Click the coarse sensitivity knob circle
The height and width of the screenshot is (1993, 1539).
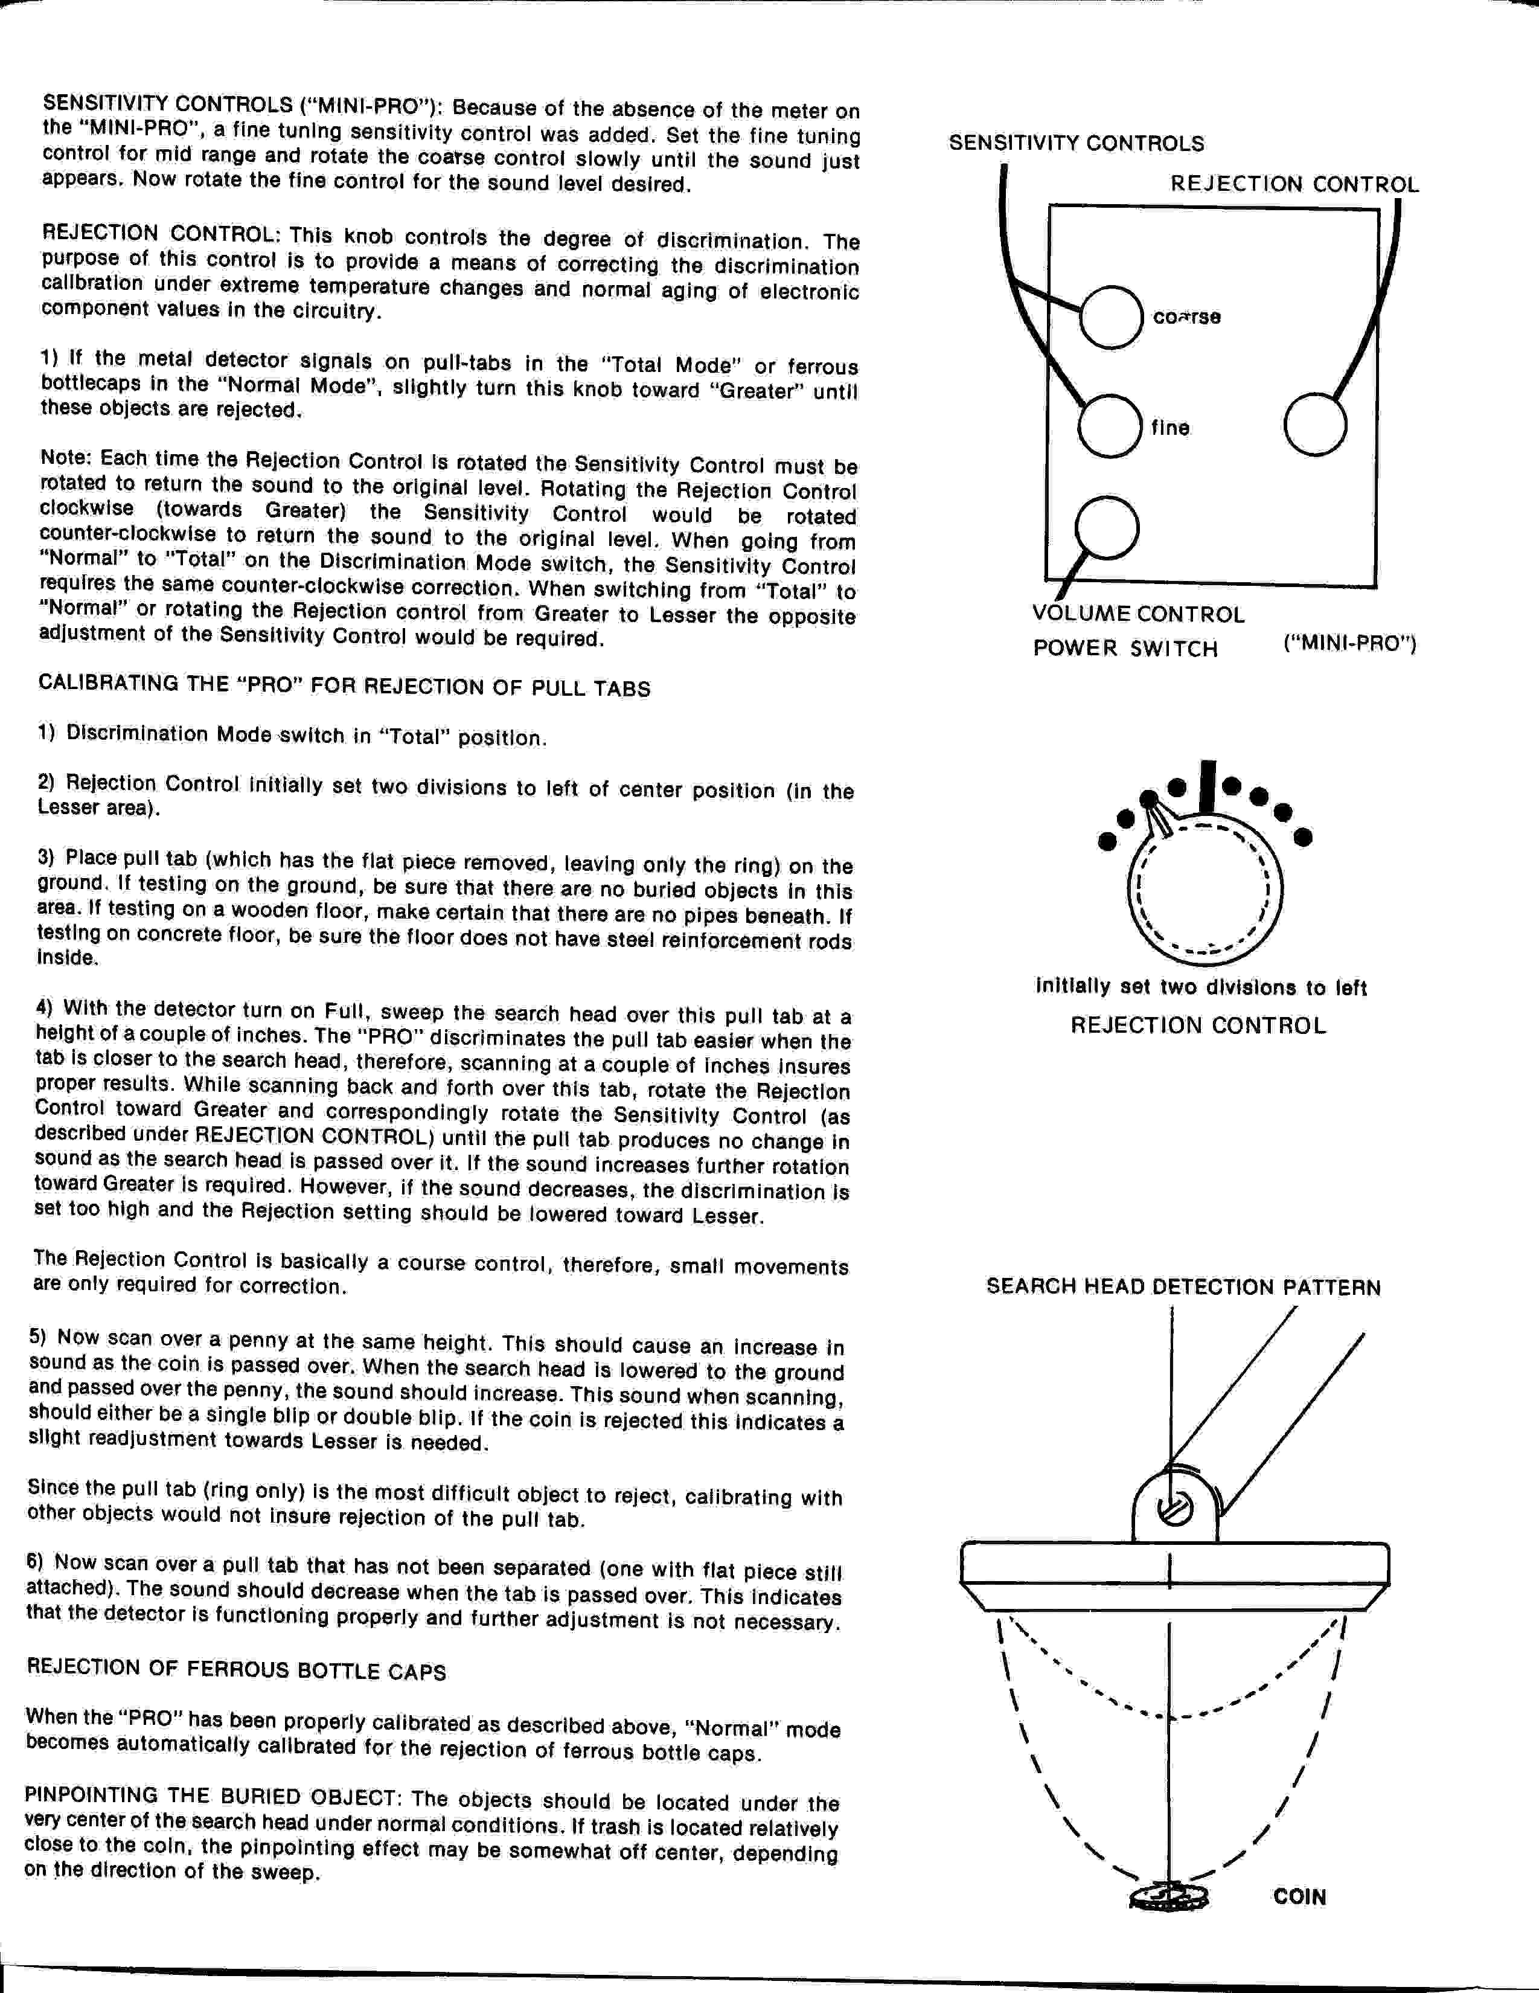(x=1110, y=316)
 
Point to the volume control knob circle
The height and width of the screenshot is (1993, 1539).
(x=1107, y=527)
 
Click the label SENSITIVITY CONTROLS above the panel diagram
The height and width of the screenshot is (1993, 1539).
(x=1077, y=143)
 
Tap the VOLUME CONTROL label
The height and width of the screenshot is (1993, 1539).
(x=1137, y=614)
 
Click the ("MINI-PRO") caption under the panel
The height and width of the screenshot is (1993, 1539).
(x=1349, y=644)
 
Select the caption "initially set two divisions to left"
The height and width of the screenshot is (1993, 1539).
(x=1200, y=987)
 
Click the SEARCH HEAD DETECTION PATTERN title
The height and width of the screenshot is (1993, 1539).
(x=1183, y=1288)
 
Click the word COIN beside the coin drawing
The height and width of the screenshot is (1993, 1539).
(x=1299, y=1897)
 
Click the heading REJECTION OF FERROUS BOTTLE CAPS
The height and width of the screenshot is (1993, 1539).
(x=236, y=1670)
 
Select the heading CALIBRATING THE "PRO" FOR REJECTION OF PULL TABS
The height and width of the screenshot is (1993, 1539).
(x=344, y=685)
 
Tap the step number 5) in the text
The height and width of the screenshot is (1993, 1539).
(x=37, y=1337)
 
